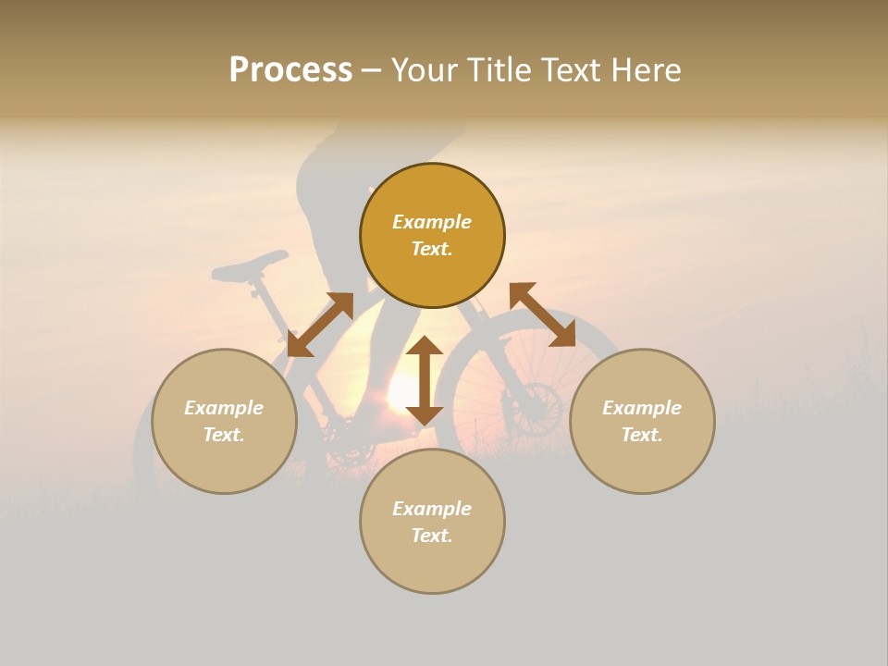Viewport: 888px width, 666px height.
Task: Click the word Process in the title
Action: coord(290,70)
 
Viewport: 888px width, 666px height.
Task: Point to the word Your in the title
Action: coord(423,70)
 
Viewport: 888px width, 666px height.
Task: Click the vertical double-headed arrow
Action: coord(425,380)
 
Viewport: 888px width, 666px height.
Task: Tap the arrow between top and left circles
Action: coord(320,324)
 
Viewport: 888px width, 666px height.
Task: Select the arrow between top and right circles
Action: coord(542,314)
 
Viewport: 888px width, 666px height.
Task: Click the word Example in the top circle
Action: coord(432,222)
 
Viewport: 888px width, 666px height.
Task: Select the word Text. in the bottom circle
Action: coord(432,536)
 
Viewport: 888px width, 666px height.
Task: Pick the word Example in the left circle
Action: coord(224,408)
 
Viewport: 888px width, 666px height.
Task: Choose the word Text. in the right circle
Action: coord(642,435)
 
